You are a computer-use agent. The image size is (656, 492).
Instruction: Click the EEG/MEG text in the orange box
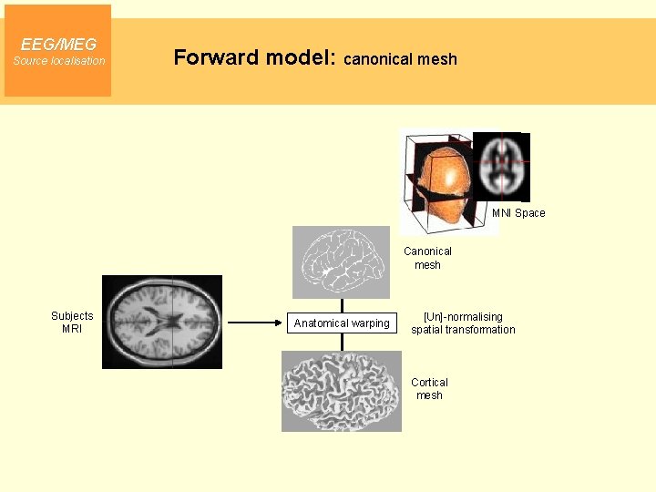click(x=58, y=44)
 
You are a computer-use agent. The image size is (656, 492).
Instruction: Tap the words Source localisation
click(x=58, y=61)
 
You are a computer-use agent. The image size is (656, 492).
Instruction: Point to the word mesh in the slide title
click(x=437, y=59)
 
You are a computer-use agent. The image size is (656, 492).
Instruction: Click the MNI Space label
click(x=518, y=213)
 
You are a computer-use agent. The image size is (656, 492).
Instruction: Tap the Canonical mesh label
click(x=427, y=258)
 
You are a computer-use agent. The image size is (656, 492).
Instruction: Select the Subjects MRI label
click(x=72, y=322)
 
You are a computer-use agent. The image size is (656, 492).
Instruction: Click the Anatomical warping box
click(x=342, y=323)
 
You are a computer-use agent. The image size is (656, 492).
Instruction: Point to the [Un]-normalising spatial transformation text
click(x=463, y=323)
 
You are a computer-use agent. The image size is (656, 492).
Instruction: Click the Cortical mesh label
click(x=429, y=389)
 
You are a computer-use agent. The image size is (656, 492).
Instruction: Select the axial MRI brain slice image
click(x=161, y=322)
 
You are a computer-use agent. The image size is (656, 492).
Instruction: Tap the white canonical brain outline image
click(x=341, y=261)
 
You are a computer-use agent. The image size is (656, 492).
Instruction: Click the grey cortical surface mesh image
click(x=341, y=391)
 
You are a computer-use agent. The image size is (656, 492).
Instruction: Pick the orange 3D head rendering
click(x=441, y=179)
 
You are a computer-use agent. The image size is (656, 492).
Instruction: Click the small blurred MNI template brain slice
click(x=500, y=166)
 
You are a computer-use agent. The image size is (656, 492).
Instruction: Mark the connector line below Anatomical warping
click(x=342, y=343)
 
